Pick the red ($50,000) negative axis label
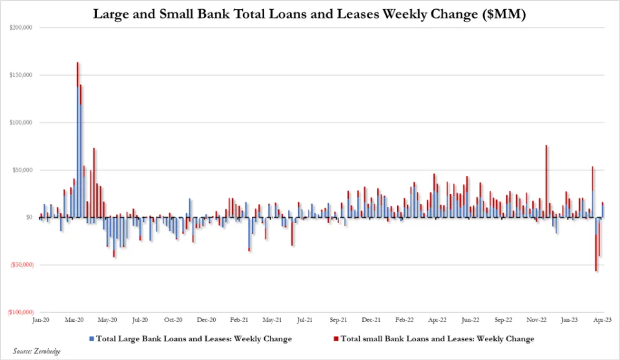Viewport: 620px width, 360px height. coord(21,265)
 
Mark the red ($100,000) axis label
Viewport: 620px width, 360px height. coord(20,312)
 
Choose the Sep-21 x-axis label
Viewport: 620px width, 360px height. coord(338,320)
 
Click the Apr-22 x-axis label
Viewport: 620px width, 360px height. coord(437,320)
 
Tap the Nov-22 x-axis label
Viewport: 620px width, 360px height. coord(537,320)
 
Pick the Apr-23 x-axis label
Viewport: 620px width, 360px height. coord(603,320)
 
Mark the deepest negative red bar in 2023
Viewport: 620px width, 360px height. coord(595,252)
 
